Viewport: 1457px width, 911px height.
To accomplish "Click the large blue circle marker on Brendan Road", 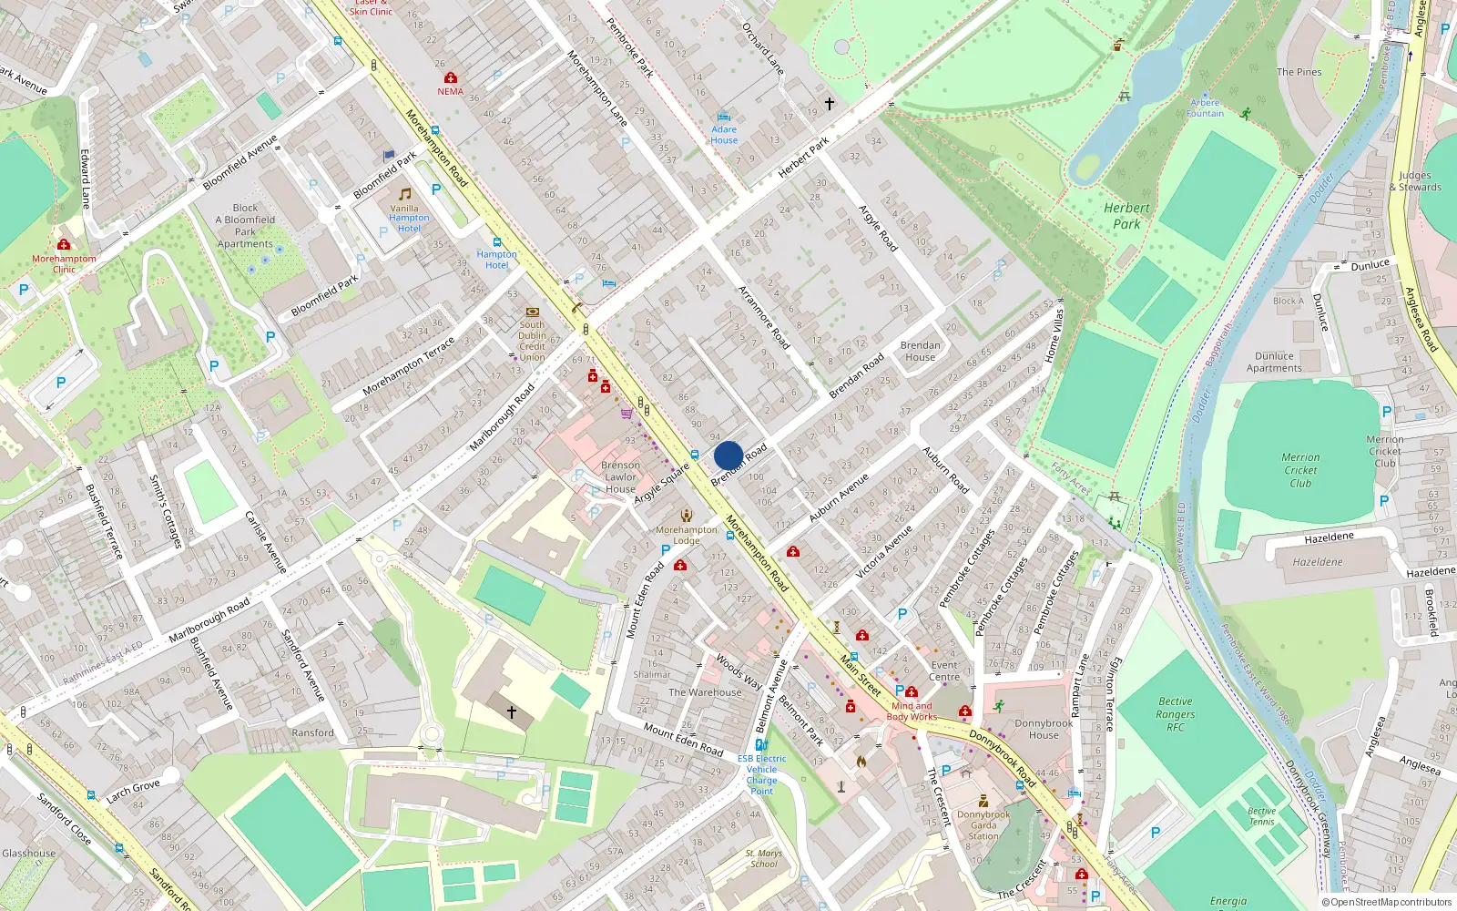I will click(x=728, y=455).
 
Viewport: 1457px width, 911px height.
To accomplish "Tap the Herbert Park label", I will click(x=1126, y=216).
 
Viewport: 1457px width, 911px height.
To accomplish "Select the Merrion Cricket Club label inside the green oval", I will click(x=1300, y=470).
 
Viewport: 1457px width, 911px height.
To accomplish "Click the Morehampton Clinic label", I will click(x=64, y=263).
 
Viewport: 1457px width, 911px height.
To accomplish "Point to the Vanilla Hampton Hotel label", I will click(x=409, y=218).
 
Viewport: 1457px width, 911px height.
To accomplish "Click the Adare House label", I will click(x=724, y=135).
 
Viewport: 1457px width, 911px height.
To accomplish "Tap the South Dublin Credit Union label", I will click(x=533, y=341).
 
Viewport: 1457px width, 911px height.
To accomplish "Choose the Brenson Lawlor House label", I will click(x=620, y=476).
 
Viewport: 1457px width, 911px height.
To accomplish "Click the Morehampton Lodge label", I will click(x=687, y=535).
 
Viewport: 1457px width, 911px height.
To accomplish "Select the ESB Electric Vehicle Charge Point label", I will click(x=762, y=774).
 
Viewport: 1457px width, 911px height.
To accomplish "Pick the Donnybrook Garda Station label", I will click(x=983, y=825).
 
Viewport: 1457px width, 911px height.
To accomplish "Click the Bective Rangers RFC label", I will click(x=1176, y=714).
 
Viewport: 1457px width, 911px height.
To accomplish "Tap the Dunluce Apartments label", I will click(x=1274, y=362).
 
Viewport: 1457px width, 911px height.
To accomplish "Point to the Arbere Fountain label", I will click(x=1205, y=108).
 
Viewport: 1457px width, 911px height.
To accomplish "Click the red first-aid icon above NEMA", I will click(x=450, y=78).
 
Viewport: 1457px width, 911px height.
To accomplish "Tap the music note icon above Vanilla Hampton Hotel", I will click(x=405, y=194).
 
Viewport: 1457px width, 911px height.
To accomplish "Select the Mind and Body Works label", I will click(x=912, y=711).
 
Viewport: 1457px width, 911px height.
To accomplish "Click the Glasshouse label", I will click(x=28, y=854).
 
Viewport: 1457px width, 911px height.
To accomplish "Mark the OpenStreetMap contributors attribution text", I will click(x=1386, y=902).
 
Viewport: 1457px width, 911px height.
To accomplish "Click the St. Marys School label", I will click(x=764, y=858).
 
